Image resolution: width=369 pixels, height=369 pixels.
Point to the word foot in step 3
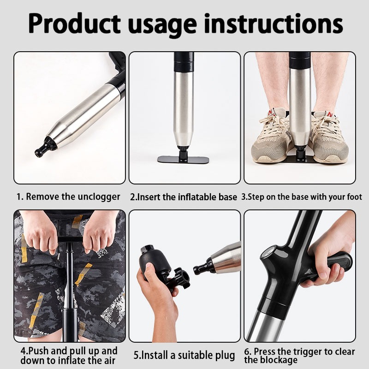(354, 197)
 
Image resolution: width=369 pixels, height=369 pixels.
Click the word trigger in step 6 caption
(308, 351)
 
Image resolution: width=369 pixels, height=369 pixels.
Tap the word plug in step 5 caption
(226, 356)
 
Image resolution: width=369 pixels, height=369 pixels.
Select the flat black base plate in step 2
(183, 159)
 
